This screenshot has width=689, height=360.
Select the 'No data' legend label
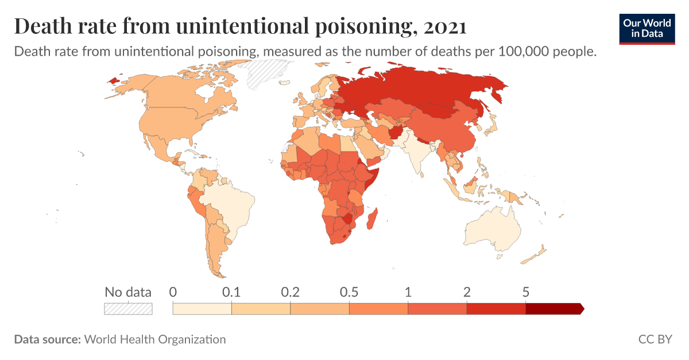click(x=127, y=292)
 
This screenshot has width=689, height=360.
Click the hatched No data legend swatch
click(x=127, y=308)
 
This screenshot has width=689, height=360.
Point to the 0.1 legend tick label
click(x=231, y=292)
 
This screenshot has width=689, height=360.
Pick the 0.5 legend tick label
click(x=349, y=292)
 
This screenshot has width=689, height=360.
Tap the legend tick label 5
click(x=525, y=292)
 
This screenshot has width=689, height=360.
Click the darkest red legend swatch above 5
click(x=553, y=308)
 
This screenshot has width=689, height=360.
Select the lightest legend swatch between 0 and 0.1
click(x=202, y=308)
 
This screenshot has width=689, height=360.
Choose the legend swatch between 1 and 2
click(x=437, y=308)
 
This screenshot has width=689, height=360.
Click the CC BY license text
click(x=655, y=339)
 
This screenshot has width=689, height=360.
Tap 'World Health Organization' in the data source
click(x=155, y=339)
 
